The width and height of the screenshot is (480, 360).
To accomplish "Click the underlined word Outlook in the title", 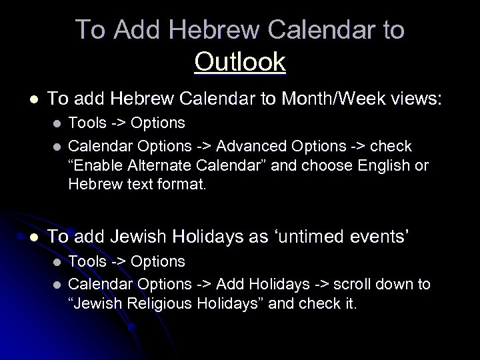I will [x=240, y=62].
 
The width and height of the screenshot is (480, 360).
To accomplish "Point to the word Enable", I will [x=100, y=165].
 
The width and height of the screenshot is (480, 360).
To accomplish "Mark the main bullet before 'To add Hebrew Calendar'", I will [x=32, y=100].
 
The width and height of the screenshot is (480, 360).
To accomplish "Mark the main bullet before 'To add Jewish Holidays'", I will [x=32, y=235].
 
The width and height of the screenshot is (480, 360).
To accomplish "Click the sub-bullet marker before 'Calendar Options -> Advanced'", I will [x=57, y=146].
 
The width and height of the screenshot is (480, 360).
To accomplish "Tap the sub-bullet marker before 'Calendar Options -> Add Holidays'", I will [x=57, y=285].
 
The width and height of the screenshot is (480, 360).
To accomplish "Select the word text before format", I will [x=133, y=183].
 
